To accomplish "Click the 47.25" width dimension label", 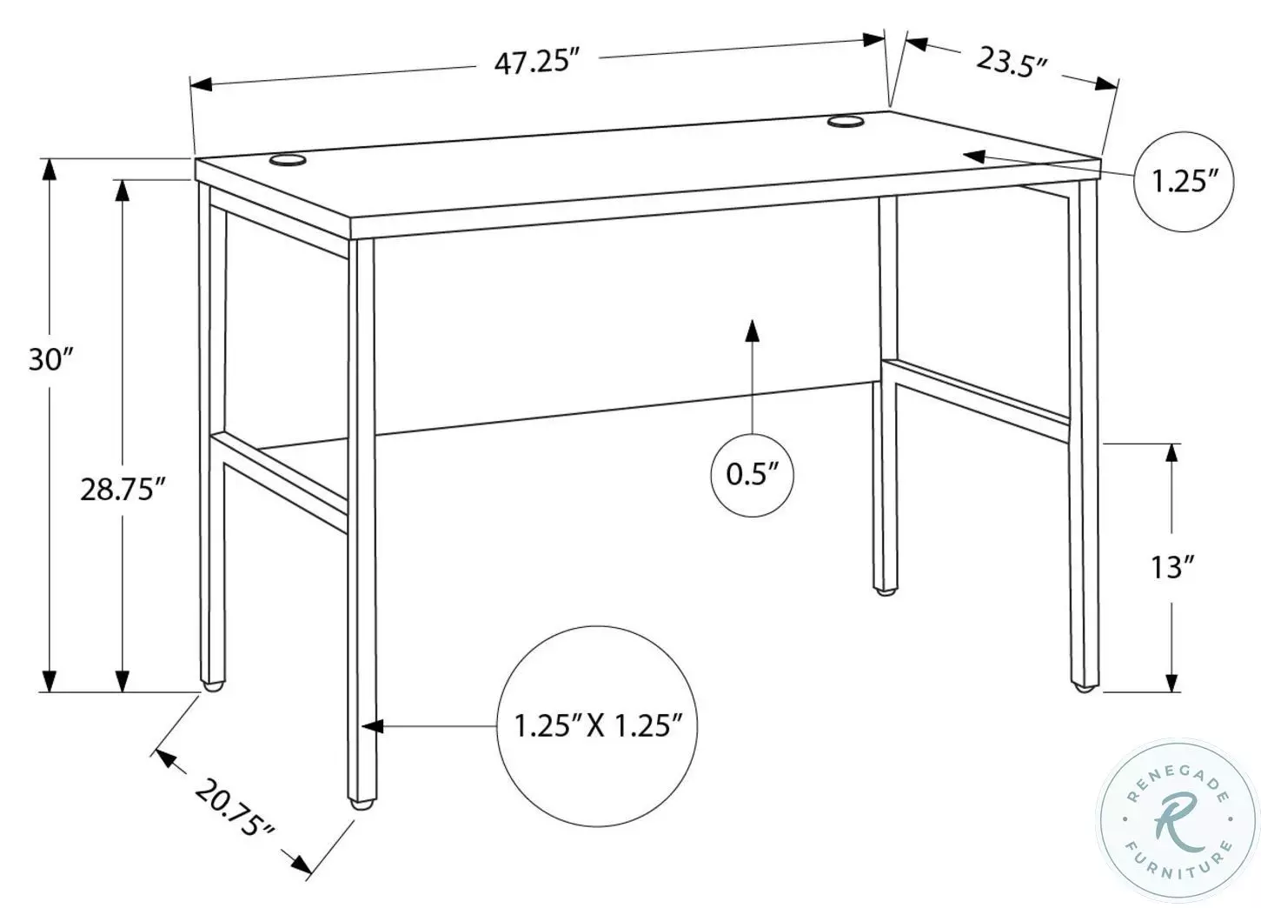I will click(536, 63).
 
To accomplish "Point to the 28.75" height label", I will click(123, 489).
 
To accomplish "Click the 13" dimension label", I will click(1168, 567).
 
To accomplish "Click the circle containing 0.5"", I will click(753, 474).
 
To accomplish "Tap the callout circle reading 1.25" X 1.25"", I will click(595, 724).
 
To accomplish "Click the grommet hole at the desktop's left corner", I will click(289, 160).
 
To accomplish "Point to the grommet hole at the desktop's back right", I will click(845, 122).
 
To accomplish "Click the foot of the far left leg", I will click(212, 685).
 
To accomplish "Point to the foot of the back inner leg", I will click(885, 591).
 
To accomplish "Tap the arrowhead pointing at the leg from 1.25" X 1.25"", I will click(372, 724).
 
